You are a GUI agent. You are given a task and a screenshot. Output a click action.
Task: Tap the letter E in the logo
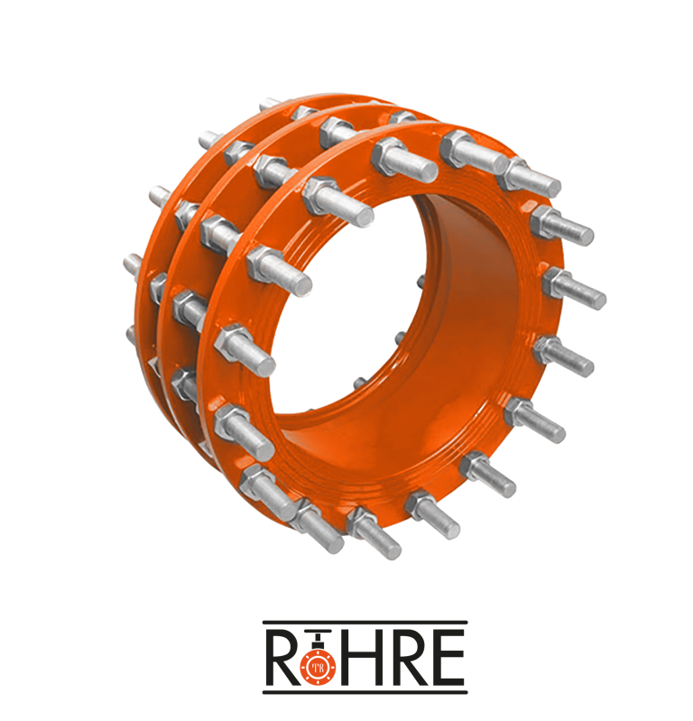[445, 658]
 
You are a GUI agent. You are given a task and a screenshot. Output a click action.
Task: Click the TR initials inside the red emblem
[318, 668]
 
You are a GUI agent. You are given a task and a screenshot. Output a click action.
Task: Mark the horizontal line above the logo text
[365, 623]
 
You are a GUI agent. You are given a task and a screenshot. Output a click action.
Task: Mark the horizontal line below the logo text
[365, 692]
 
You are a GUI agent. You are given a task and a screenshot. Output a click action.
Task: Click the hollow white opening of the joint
[349, 303]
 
